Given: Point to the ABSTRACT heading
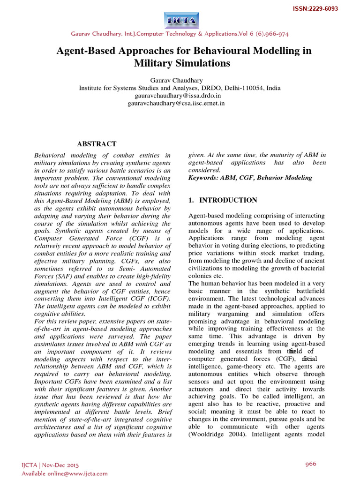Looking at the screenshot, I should (97, 144).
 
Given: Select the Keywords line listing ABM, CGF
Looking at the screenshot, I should (250, 178).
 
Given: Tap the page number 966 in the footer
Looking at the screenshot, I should (311, 464).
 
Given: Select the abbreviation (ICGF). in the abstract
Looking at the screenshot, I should (157, 299).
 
